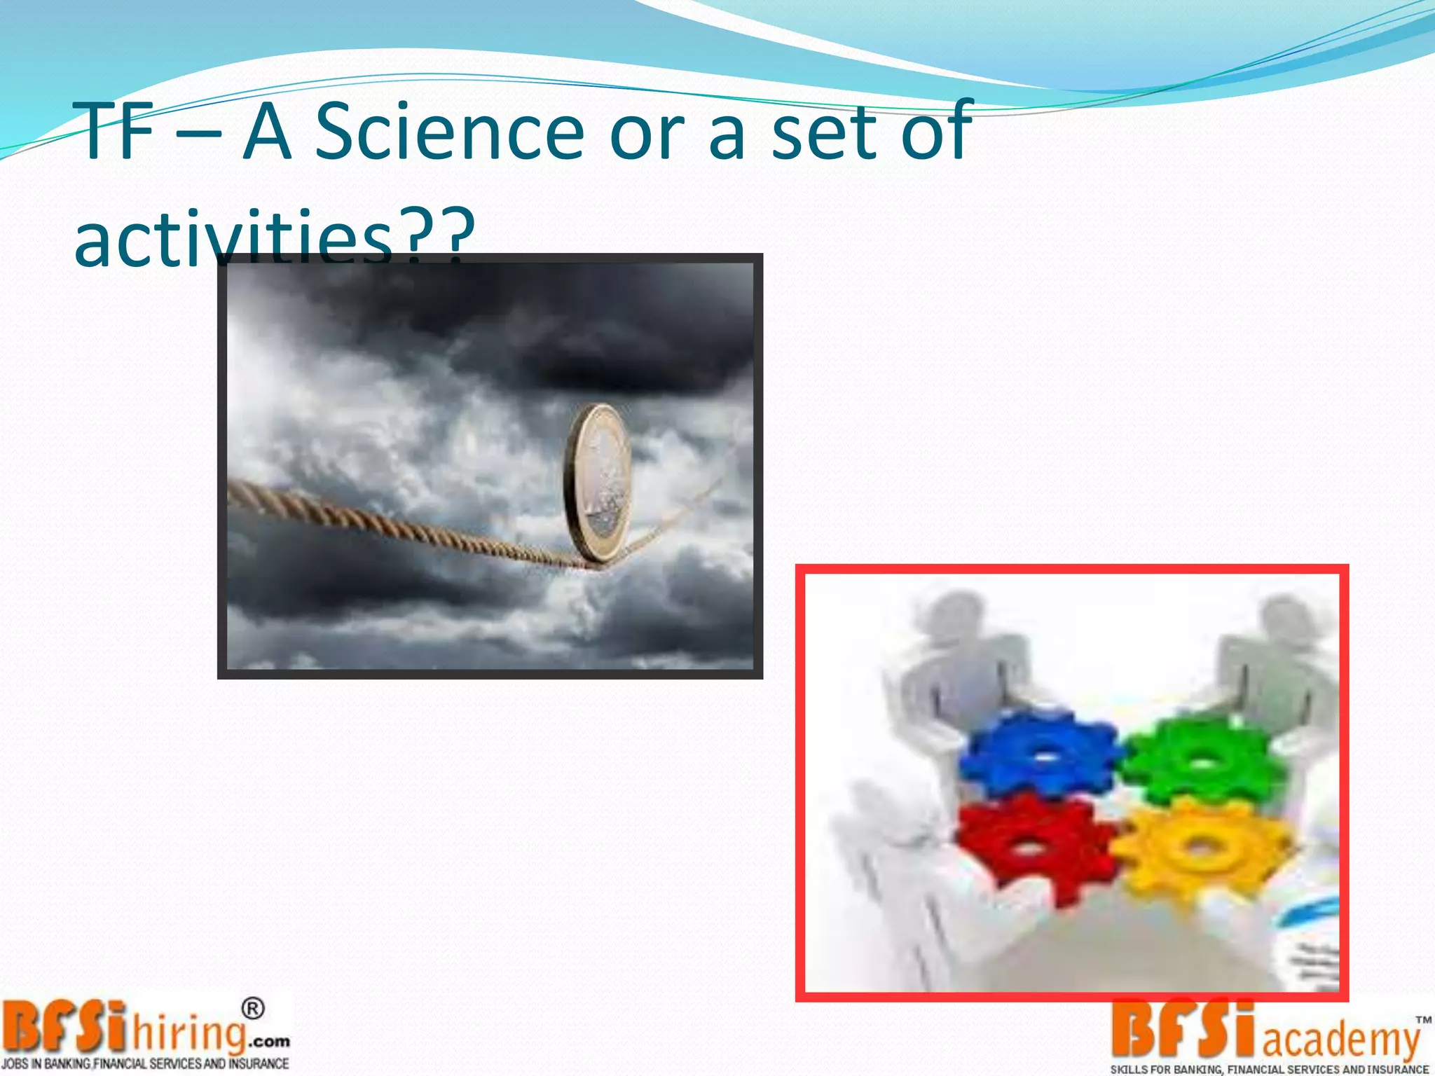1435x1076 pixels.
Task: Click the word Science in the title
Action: tap(448, 132)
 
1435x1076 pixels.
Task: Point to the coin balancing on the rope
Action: tap(598, 483)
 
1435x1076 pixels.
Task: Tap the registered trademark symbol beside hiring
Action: tap(253, 1009)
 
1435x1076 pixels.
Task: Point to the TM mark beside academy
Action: tap(1422, 1020)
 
